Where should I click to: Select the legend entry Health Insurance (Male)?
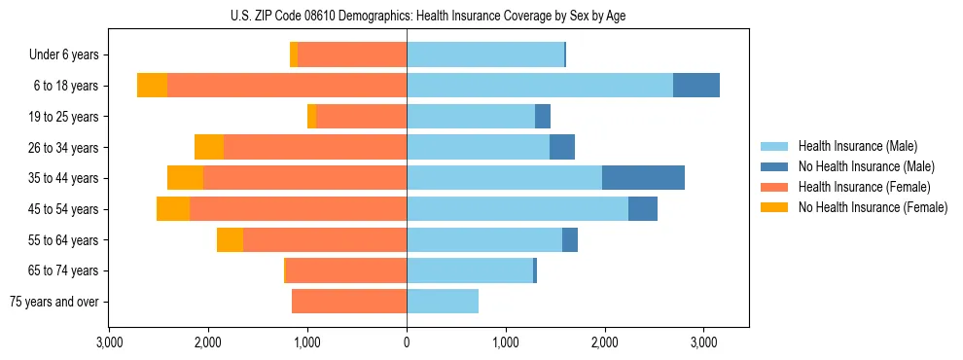pyautogui.click(x=857, y=146)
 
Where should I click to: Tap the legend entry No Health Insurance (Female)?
pyautogui.click(x=872, y=207)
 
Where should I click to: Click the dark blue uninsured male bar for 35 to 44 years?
pyautogui.click(x=643, y=178)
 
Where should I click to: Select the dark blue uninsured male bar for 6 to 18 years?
pyautogui.click(x=696, y=86)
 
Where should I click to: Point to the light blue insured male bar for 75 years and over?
pyautogui.click(x=443, y=302)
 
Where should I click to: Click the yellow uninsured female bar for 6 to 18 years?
pyautogui.click(x=152, y=86)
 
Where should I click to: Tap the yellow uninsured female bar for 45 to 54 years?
pyautogui.click(x=173, y=209)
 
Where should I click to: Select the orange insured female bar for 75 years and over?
pyautogui.click(x=349, y=302)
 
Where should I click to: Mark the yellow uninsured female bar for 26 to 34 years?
pyautogui.click(x=209, y=147)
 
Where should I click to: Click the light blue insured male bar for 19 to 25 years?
pyautogui.click(x=471, y=117)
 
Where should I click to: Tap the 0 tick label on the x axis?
pyautogui.click(x=407, y=342)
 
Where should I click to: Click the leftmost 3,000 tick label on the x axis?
pyautogui.click(x=109, y=342)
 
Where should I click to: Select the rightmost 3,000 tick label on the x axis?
pyautogui.click(x=703, y=342)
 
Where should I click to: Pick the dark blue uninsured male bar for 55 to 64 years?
pyautogui.click(x=570, y=240)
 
